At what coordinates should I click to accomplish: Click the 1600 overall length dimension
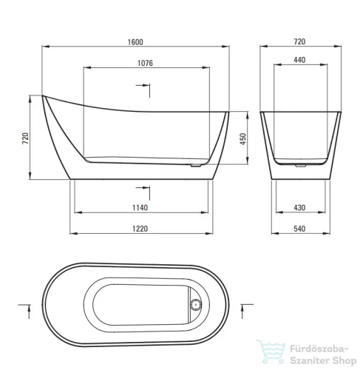pos(135,42)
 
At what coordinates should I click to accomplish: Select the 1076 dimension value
pos(145,63)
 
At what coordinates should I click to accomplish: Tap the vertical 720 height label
pos(25,138)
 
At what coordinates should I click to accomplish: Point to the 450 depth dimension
pos(243,139)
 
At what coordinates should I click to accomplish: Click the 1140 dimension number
pos(140,208)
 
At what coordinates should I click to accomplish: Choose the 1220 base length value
pos(140,229)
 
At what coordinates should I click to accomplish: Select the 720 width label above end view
pos(299,41)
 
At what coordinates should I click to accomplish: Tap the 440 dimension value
pos(299,60)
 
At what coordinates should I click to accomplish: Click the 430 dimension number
pos(299,208)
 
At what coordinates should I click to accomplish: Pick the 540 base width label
pos(299,229)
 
